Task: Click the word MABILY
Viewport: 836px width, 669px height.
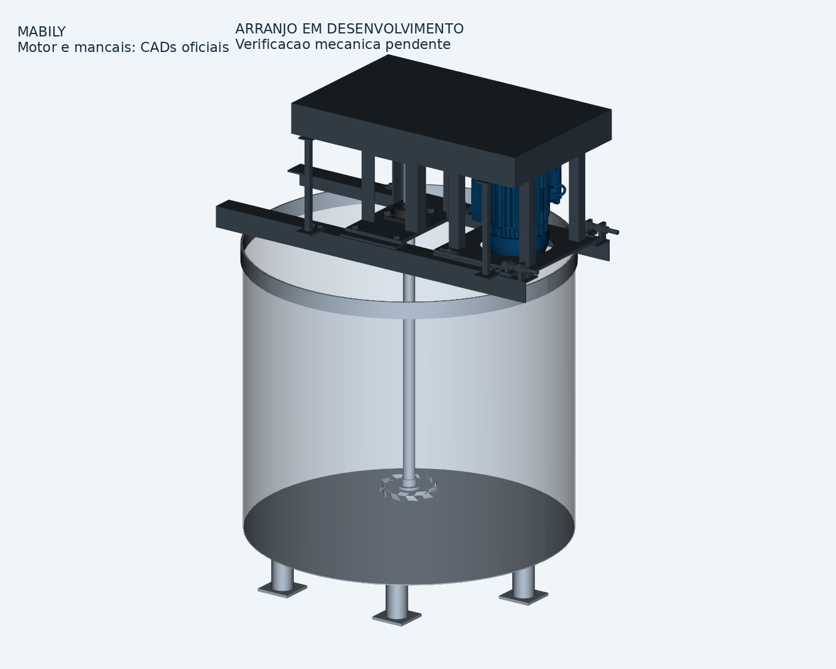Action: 42,32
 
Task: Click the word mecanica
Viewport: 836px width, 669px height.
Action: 348,44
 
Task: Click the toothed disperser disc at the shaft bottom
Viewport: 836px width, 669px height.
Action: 408,488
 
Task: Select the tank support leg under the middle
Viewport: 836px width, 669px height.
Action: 397,599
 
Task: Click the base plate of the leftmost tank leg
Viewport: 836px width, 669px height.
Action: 282,589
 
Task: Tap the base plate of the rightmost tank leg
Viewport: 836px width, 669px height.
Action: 524,597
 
